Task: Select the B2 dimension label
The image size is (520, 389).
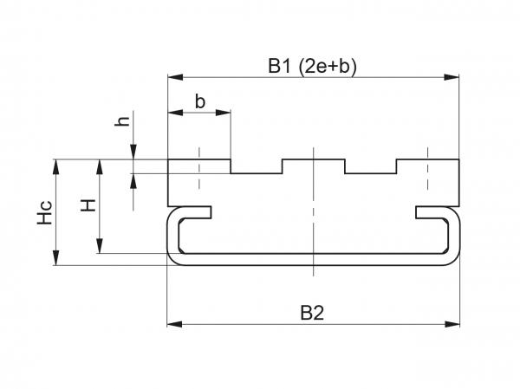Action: coord(314,313)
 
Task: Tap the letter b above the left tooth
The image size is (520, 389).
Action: coord(200,101)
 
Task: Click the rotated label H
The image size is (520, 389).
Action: coord(88,205)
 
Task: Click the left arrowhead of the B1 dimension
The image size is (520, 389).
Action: coord(172,78)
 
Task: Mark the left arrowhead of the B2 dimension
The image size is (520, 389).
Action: coord(172,325)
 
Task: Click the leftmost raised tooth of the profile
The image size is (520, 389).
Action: coord(199,165)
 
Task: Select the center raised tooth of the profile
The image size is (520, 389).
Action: coord(314,165)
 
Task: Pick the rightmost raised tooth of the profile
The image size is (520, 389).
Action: coord(427,165)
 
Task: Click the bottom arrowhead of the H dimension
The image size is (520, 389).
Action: coord(101,248)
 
